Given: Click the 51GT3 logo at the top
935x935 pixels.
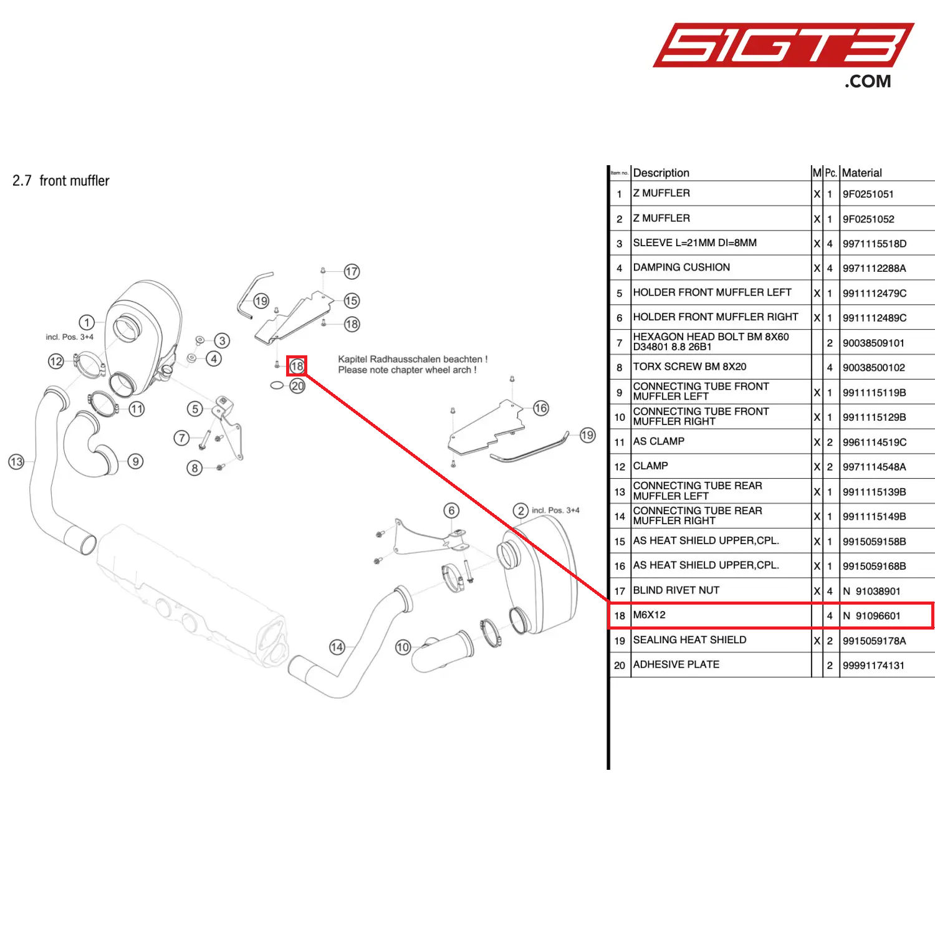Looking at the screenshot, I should point(783,47).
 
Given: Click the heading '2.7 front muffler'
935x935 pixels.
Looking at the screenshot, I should point(61,181).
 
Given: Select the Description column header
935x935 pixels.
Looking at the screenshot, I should point(661,173).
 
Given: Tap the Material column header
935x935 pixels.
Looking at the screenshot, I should point(861,173).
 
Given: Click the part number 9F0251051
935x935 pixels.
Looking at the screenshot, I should point(868,194).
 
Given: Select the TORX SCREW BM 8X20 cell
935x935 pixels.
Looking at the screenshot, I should point(689,367).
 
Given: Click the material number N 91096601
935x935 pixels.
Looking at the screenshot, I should point(871,616).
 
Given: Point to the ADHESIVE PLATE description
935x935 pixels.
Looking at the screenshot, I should point(676,664).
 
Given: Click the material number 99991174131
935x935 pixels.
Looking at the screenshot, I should point(873,665).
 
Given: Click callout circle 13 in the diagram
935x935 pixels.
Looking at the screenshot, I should point(16,462).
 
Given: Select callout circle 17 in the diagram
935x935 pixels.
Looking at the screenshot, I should point(352,271).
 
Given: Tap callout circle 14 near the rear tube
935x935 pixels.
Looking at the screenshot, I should point(337,647).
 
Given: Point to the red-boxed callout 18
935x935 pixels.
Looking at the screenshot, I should point(297,366).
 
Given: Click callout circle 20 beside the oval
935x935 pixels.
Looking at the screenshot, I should point(298,386).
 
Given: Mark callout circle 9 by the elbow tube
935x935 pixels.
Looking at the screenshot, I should point(135,461).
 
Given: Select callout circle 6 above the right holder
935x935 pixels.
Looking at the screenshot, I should point(452,511).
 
